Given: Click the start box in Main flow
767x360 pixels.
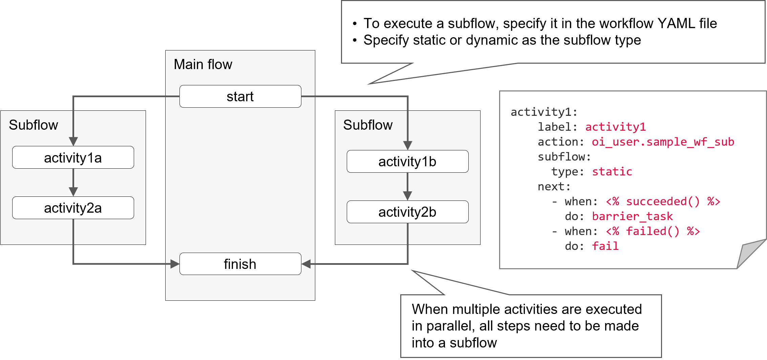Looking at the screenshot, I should [x=240, y=97].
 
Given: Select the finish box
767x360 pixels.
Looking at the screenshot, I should [x=240, y=264].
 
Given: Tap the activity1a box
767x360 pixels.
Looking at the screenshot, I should [x=73, y=157].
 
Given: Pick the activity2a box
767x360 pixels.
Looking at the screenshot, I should [x=73, y=208].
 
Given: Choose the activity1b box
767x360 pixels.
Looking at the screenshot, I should [x=407, y=162].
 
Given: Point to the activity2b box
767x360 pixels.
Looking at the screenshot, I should [x=407, y=212].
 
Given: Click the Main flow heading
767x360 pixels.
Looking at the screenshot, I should [x=203, y=64].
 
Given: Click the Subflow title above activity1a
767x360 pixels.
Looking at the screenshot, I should [x=33, y=125].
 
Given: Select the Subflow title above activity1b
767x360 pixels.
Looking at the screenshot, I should [x=368, y=125].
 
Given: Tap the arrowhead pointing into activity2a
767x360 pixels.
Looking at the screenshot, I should [x=73, y=192].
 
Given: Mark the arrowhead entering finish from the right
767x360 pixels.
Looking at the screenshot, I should [x=306, y=264].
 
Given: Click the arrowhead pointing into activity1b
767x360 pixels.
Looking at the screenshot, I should [x=408, y=145].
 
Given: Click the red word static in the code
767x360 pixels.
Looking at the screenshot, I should [x=612, y=172].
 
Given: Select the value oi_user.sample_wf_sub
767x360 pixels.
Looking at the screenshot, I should [x=663, y=142].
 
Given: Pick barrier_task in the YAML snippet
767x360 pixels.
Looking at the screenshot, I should [x=632, y=216].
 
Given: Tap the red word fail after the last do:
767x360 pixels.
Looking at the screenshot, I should [x=605, y=246].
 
